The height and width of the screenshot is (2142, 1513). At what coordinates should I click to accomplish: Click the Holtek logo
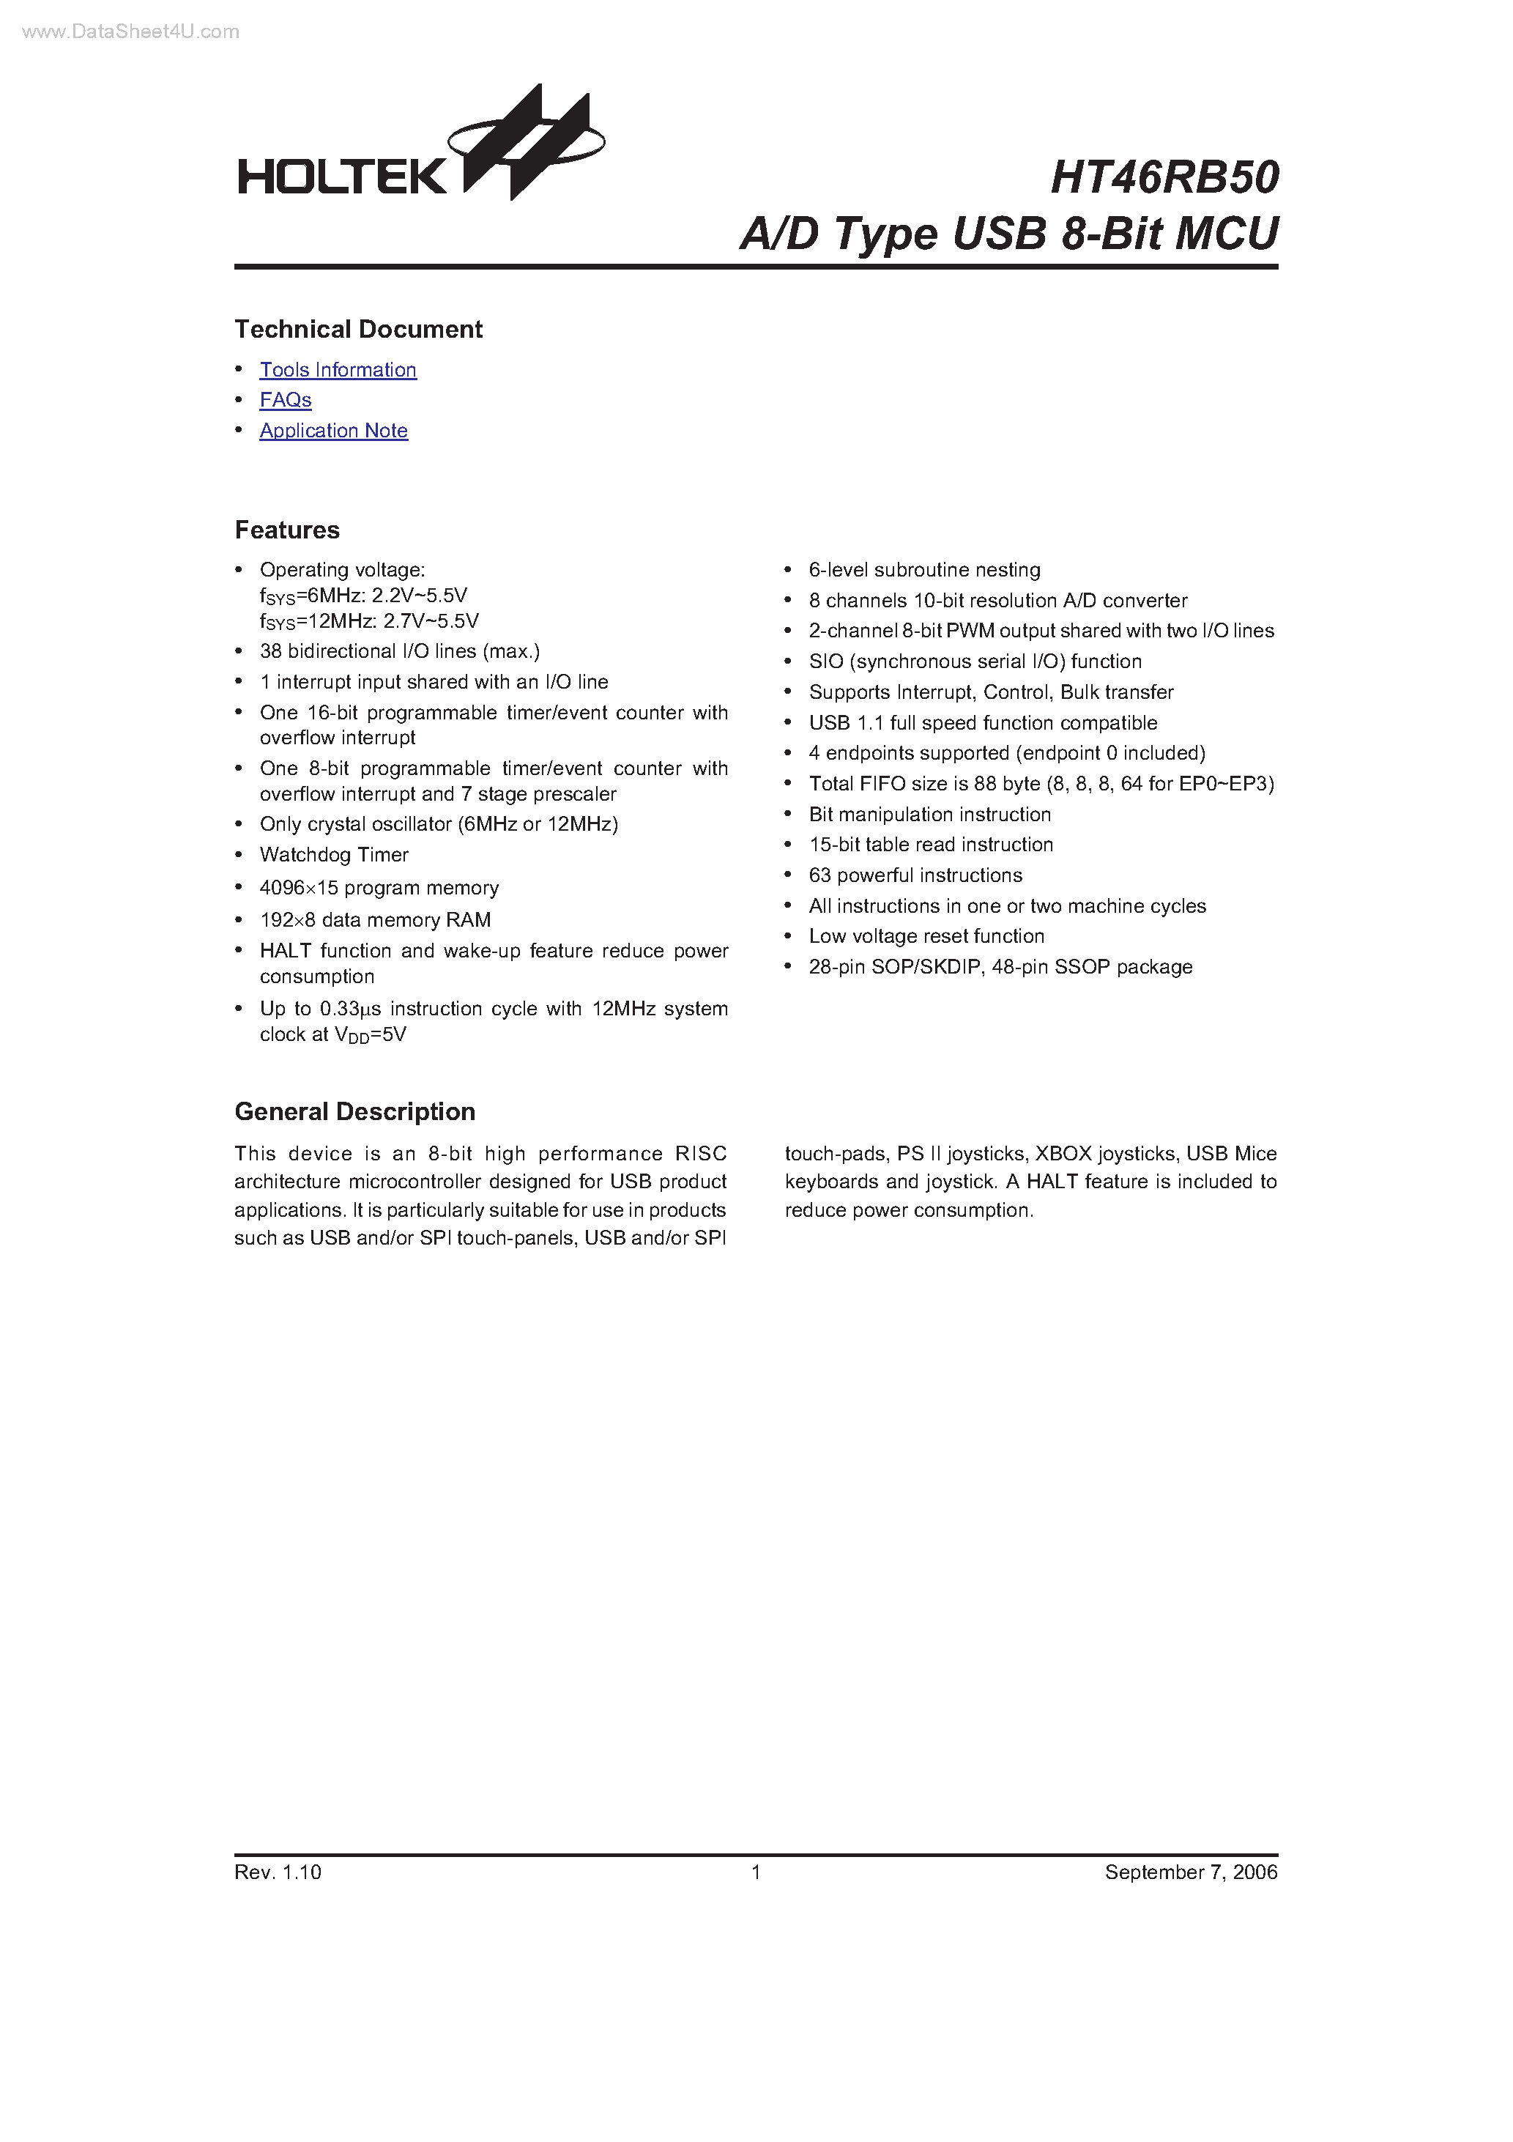pyautogui.click(x=420, y=149)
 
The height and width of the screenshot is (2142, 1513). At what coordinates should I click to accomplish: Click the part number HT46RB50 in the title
pyautogui.click(x=1164, y=177)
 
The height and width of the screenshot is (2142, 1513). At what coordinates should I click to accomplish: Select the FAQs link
pyautogui.click(x=286, y=399)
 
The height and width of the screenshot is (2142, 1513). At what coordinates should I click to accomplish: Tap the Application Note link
pyautogui.click(x=334, y=430)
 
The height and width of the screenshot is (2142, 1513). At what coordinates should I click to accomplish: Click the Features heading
pyautogui.click(x=287, y=530)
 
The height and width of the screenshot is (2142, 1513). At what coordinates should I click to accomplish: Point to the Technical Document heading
pyautogui.click(x=358, y=330)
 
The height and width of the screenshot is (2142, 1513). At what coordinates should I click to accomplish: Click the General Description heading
pyautogui.click(x=354, y=1111)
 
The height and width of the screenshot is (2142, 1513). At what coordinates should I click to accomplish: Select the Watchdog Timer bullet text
pyautogui.click(x=334, y=855)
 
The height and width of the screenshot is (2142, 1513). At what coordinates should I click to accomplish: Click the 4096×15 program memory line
pyautogui.click(x=379, y=887)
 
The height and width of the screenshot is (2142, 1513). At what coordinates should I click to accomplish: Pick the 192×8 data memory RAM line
pyautogui.click(x=375, y=920)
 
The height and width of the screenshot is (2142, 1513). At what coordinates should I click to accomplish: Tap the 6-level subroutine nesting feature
pyautogui.click(x=924, y=570)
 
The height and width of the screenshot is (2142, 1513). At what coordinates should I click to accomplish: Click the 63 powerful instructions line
pyautogui.click(x=915, y=875)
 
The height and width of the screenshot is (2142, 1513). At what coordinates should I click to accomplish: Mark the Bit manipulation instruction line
pyautogui.click(x=930, y=815)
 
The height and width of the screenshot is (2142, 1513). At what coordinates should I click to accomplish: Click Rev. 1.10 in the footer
pyautogui.click(x=278, y=1872)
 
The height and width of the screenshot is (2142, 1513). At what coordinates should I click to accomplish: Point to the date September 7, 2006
pyautogui.click(x=1192, y=1872)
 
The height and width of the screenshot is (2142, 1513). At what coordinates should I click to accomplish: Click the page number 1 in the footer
pyautogui.click(x=756, y=1872)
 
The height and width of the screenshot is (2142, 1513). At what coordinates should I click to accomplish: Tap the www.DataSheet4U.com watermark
pyautogui.click(x=130, y=31)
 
